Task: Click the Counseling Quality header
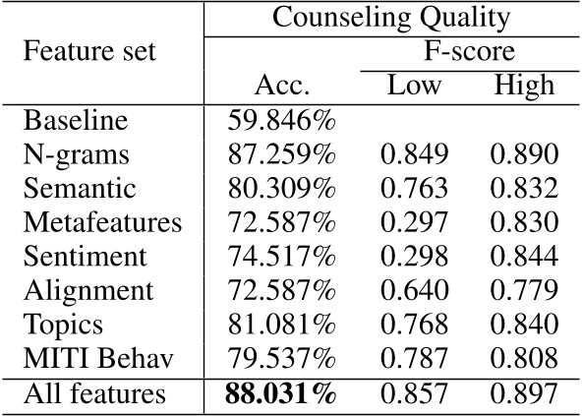391,17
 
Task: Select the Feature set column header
89,51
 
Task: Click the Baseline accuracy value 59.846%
282,122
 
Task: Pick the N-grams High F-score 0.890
524,155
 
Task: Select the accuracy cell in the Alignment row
282,291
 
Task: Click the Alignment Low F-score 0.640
414,291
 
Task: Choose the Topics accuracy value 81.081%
282,326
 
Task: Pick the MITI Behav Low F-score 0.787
414,359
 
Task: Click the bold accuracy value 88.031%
282,395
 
